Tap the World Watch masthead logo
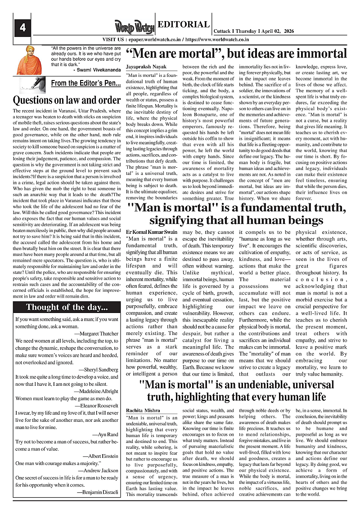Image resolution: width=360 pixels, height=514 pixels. [x=134, y=27]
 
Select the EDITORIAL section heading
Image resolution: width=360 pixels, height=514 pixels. [x=184, y=24]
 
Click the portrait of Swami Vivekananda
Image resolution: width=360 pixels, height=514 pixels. [x=27, y=58]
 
